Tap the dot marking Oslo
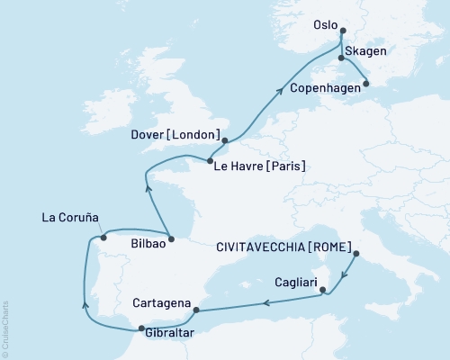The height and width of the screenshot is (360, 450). click(343, 30)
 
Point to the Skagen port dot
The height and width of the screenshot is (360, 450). click(340, 58)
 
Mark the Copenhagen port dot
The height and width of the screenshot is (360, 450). click(365, 85)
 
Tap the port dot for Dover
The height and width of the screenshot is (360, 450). click(225, 139)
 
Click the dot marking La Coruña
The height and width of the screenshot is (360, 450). click(104, 238)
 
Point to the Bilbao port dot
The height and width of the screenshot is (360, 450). click(171, 240)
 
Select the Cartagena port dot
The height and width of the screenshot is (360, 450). click(195, 310)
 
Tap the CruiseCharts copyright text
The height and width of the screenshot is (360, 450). click(5, 325)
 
